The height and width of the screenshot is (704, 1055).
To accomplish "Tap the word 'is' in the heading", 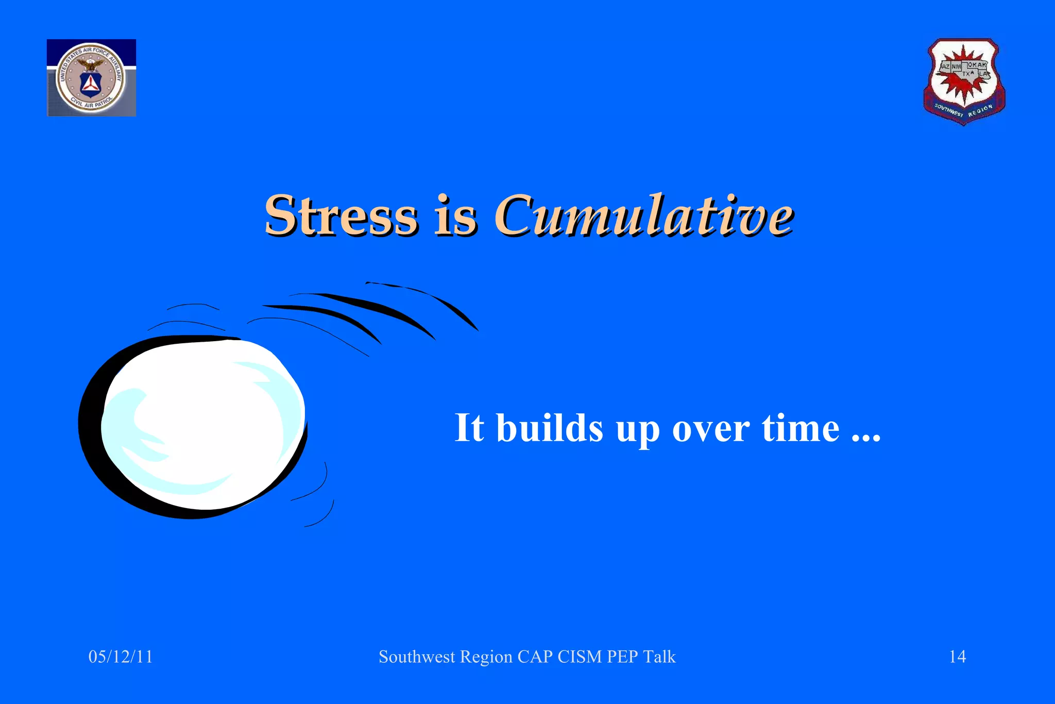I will (456, 216).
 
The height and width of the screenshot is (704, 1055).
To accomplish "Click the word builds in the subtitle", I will (549, 428).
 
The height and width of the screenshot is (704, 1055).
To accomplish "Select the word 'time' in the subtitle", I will (801, 428).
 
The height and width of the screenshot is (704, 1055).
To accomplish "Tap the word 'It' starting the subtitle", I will (469, 427).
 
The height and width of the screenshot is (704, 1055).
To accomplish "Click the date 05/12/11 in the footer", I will (121, 657).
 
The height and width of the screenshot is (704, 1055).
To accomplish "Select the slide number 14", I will (957, 657).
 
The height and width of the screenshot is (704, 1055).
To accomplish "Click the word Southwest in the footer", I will (417, 657).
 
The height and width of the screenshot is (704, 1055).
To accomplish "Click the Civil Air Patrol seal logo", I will (91, 78).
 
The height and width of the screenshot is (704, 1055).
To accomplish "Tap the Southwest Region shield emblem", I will (964, 81).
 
